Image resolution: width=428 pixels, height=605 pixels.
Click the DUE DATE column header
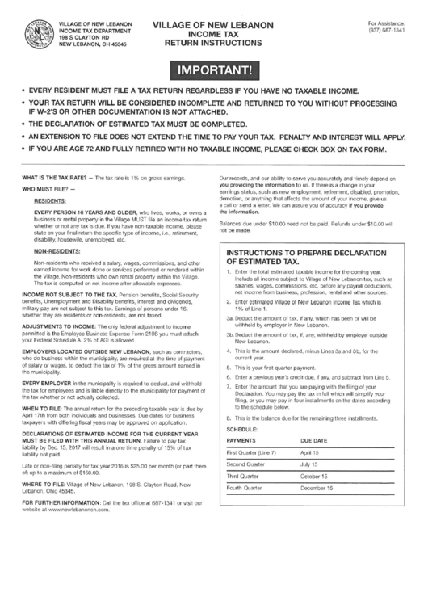313,441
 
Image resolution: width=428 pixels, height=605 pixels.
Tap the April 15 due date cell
310,453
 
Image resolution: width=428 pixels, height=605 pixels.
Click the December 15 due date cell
317,489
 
